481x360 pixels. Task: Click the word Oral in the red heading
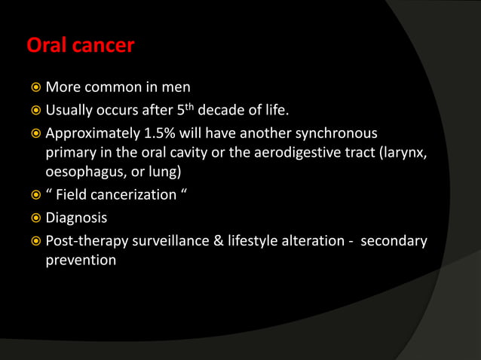tap(47, 46)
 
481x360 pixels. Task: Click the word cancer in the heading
tap(103, 46)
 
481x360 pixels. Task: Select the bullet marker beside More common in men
tap(34, 88)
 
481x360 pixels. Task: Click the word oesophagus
tap(87, 172)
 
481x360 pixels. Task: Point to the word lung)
tap(172, 172)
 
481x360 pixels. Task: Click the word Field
tap(78, 195)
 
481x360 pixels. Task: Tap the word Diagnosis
tap(76, 218)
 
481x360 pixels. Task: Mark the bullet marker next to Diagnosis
tap(34, 219)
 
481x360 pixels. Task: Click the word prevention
tap(81, 261)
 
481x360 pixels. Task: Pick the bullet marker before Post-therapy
tap(34, 243)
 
